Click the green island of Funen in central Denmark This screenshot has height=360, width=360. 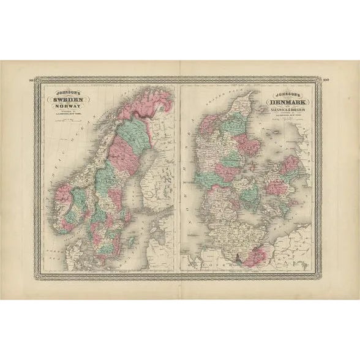coord(248,195)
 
